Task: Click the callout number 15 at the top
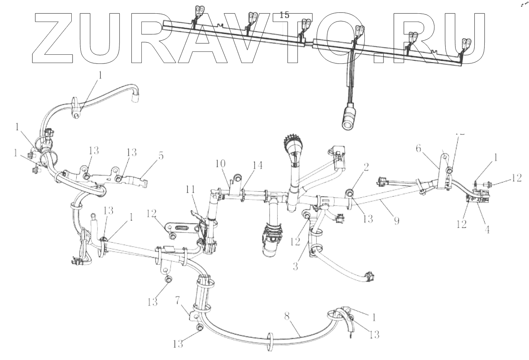click(284, 15)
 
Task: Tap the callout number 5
click(160, 157)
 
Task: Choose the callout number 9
click(396, 220)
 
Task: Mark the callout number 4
click(488, 229)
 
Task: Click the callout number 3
click(295, 266)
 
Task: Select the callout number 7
click(177, 300)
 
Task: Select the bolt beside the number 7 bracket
click(199, 328)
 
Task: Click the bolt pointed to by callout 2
click(349, 192)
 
